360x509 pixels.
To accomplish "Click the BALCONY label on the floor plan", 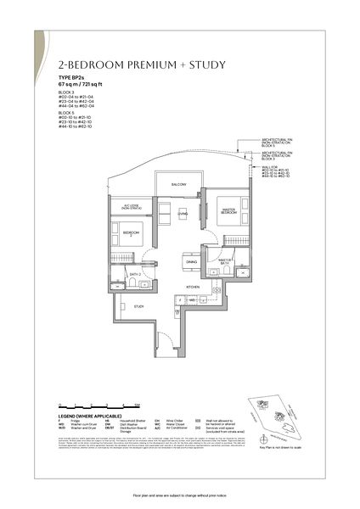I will tap(178, 184).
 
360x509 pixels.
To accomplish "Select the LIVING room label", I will tap(182, 214).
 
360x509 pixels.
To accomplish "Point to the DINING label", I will tap(191, 262).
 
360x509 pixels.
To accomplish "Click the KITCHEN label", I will tap(193, 288).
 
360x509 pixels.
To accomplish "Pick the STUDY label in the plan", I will tap(138, 306).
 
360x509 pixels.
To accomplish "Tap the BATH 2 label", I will tap(135, 274).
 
